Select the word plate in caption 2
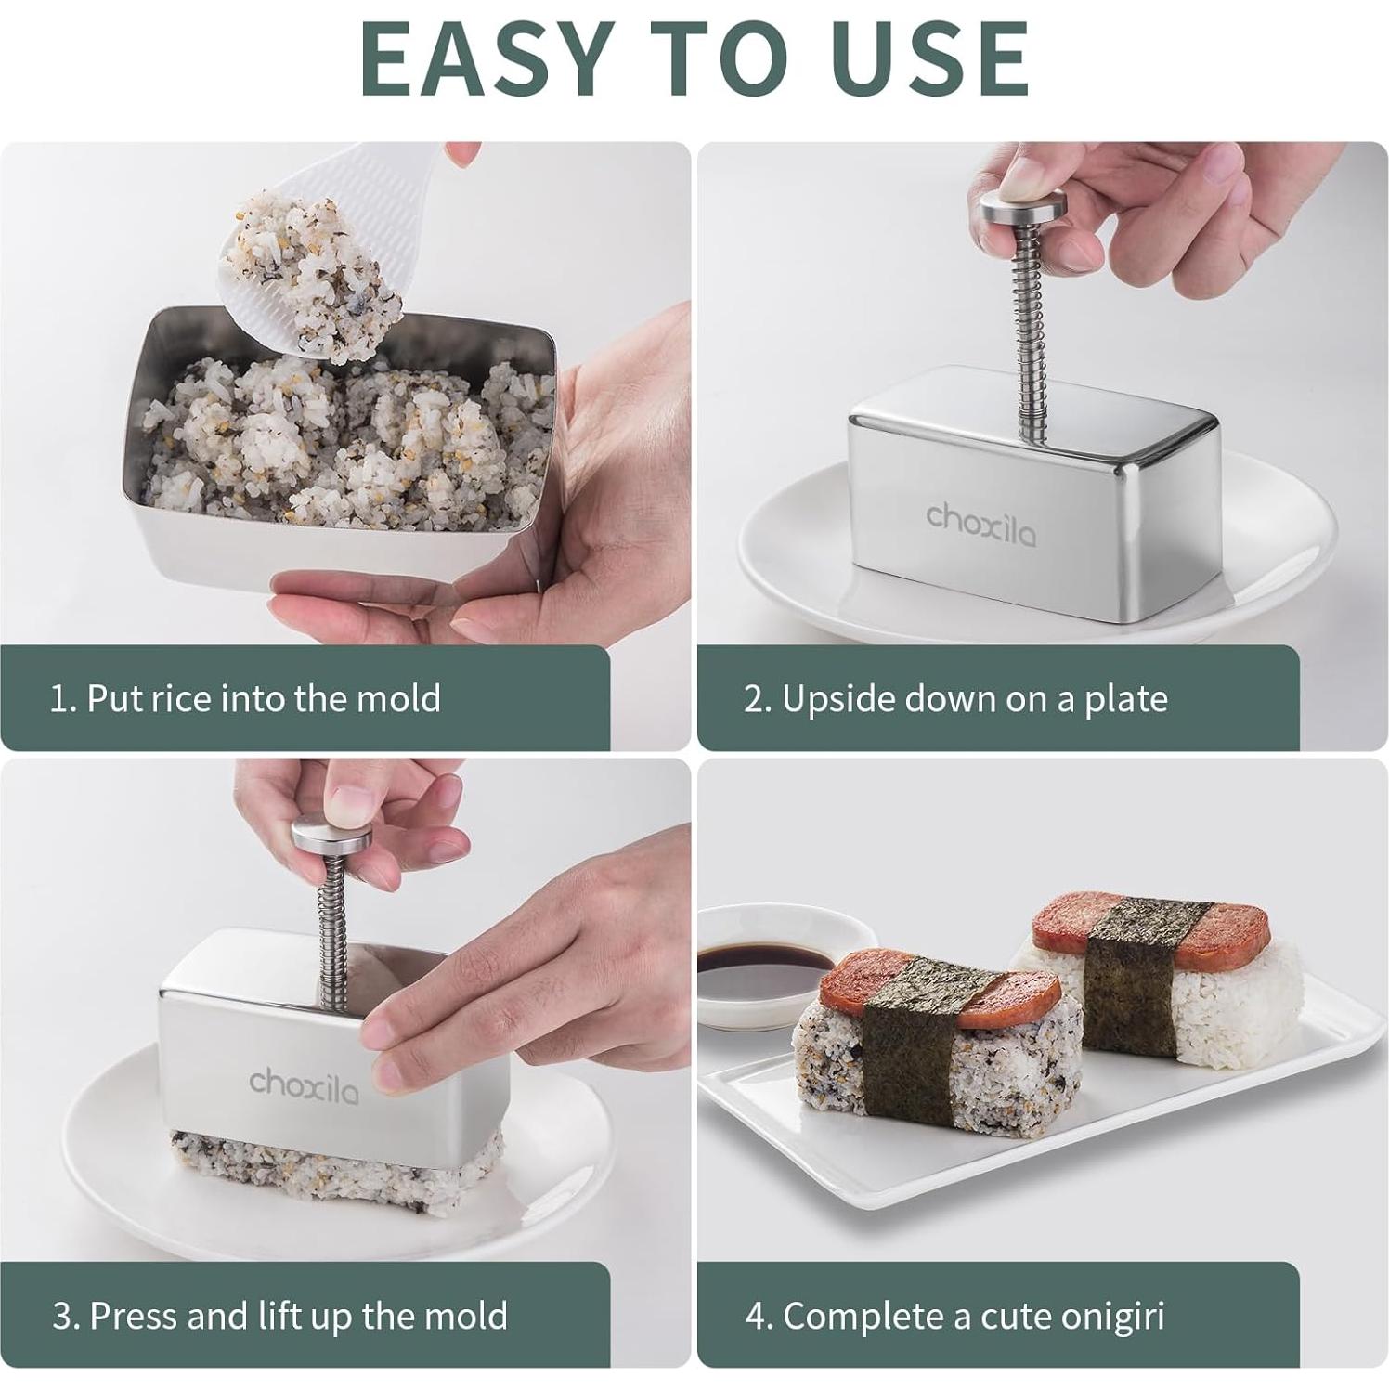pyautogui.click(x=1125, y=698)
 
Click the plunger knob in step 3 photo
pyautogui.click(x=331, y=836)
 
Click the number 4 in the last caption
pyautogui.click(x=754, y=1317)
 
